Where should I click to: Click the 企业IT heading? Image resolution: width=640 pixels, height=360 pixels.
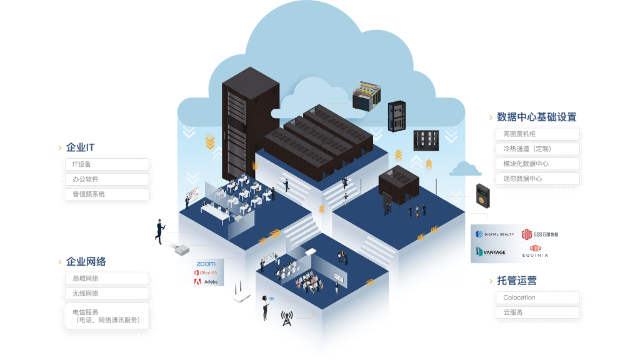(x=80, y=148)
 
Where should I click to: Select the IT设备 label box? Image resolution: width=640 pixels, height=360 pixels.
(x=107, y=164)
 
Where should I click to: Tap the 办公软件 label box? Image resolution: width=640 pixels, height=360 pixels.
(x=107, y=179)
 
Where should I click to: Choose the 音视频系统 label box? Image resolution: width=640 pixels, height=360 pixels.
(x=107, y=194)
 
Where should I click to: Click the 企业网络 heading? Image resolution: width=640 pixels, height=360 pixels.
(x=86, y=262)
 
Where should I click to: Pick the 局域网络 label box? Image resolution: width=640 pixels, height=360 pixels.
(x=107, y=279)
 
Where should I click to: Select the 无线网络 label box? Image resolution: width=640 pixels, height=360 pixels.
(x=107, y=294)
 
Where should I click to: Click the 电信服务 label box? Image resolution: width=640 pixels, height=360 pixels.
(x=107, y=316)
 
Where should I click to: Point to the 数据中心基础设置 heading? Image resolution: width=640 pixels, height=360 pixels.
(x=536, y=117)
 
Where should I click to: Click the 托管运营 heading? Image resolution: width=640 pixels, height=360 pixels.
(x=516, y=281)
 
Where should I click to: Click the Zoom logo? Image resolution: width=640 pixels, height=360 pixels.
(x=206, y=264)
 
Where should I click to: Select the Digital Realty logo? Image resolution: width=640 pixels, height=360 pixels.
(x=495, y=234)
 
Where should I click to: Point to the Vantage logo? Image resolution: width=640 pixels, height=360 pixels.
(x=491, y=252)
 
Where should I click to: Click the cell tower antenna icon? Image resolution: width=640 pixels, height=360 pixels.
(x=287, y=319)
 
